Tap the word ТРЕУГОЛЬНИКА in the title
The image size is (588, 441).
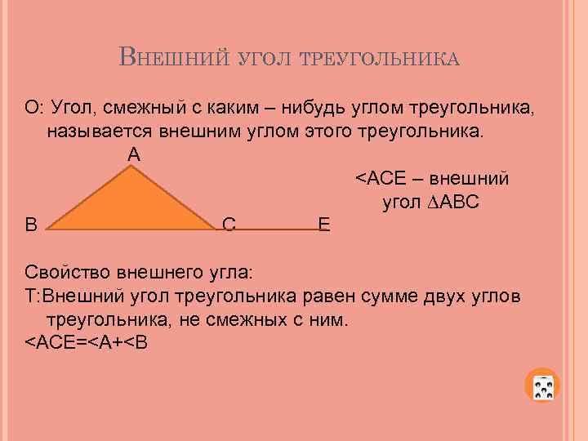[x=381, y=60]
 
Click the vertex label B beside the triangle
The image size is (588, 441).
[x=31, y=223]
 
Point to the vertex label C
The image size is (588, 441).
[x=229, y=224]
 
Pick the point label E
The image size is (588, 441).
[x=324, y=224]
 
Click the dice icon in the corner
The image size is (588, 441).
[x=545, y=387]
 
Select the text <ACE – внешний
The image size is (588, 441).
[x=432, y=178]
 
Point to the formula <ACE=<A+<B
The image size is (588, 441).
[x=87, y=341]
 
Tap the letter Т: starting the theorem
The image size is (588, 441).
[x=32, y=295]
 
